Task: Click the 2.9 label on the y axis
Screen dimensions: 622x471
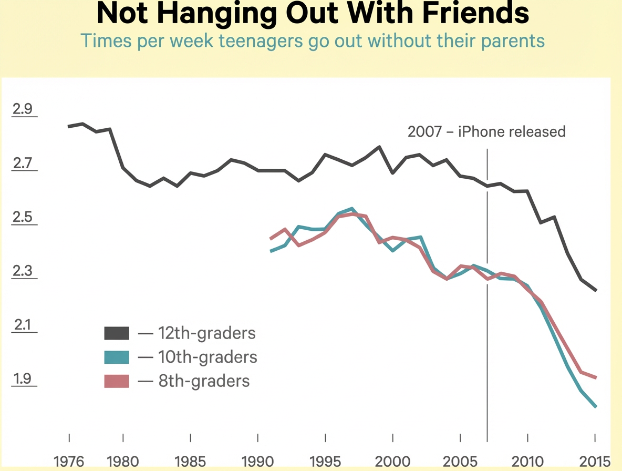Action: (x=22, y=109)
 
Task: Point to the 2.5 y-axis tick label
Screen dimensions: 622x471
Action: (x=22, y=217)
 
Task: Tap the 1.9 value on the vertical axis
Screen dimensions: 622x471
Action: (x=23, y=378)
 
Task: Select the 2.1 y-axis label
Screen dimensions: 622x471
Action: (x=23, y=324)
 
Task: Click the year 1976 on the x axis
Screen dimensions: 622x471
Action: (x=69, y=462)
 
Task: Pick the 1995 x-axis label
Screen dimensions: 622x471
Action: (x=325, y=462)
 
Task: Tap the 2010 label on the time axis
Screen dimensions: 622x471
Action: (x=527, y=462)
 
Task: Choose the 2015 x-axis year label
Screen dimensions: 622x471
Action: (x=595, y=462)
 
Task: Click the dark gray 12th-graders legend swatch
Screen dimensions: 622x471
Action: (x=117, y=333)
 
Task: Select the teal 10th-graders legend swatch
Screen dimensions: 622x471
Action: (x=117, y=357)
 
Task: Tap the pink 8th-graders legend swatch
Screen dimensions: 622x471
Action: (x=117, y=381)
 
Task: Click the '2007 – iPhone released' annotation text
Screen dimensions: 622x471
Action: (x=487, y=132)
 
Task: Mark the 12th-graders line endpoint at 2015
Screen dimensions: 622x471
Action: (x=596, y=291)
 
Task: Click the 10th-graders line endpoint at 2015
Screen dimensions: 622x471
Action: (x=596, y=406)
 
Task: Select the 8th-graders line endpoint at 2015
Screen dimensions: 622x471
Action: (x=596, y=378)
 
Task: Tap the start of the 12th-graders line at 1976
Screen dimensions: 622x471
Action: (x=69, y=127)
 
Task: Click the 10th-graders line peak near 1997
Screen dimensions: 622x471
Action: (x=353, y=208)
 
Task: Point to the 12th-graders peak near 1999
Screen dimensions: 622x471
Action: (x=380, y=147)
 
